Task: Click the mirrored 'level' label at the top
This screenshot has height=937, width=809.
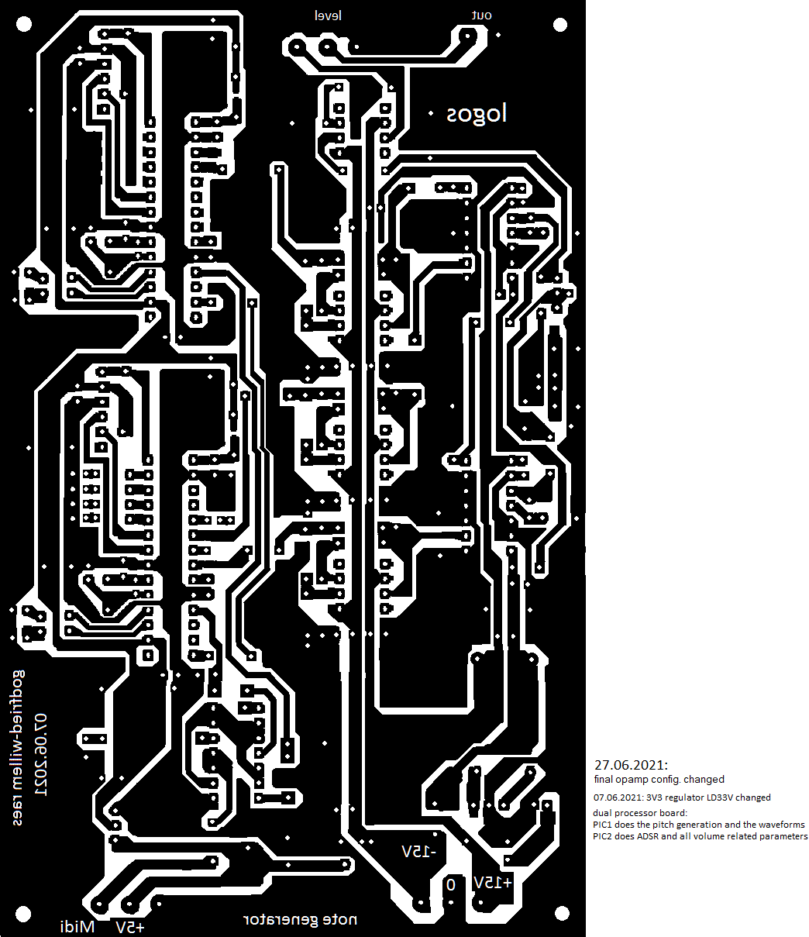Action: coord(328,16)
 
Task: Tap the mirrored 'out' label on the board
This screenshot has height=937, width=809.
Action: coord(482,16)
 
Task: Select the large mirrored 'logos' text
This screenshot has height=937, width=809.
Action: coord(476,114)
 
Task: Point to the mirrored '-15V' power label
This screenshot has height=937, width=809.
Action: coord(419,852)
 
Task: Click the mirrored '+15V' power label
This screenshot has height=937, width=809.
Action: coord(493,883)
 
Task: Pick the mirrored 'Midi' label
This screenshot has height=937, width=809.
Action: coord(77,927)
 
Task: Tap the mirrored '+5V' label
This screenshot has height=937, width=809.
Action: coord(129,927)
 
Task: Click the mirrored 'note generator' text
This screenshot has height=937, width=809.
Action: coord(301,920)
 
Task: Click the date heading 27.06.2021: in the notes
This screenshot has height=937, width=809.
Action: coord(631,764)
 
